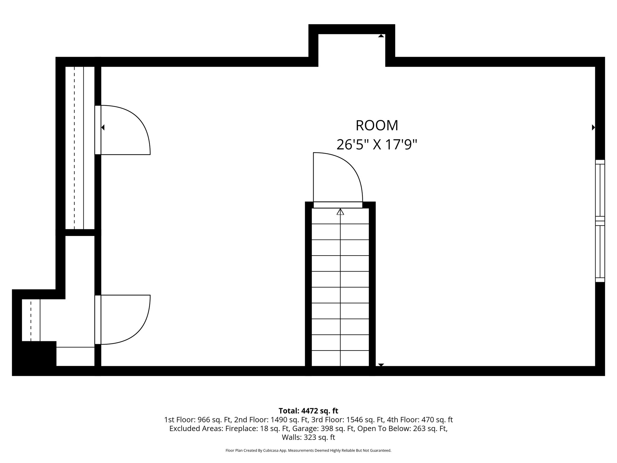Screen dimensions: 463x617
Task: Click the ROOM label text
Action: pyautogui.click(x=377, y=126)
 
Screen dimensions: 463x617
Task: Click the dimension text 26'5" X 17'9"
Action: pyautogui.click(x=377, y=145)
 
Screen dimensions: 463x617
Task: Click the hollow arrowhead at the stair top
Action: pyautogui.click(x=340, y=212)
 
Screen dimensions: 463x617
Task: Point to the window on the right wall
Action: pyautogui.click(x=600, y=221)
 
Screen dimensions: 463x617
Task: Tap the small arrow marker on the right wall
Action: pyautogui.click(x=593, y=128)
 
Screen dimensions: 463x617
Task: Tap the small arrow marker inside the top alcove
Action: pyautogui.click(x=381, y=36)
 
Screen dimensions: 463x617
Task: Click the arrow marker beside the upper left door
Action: pyautogui.click(x=103, y=128)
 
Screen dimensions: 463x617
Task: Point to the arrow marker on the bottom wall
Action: pyautogui.click(x=381, y=365)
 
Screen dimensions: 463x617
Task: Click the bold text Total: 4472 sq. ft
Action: pyautogui.click(x=308, y=411)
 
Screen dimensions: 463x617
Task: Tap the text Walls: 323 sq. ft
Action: pyautogui.click(x=308, y=437)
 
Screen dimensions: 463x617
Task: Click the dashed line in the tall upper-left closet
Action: pyautogui.click(x=74, y=148)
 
